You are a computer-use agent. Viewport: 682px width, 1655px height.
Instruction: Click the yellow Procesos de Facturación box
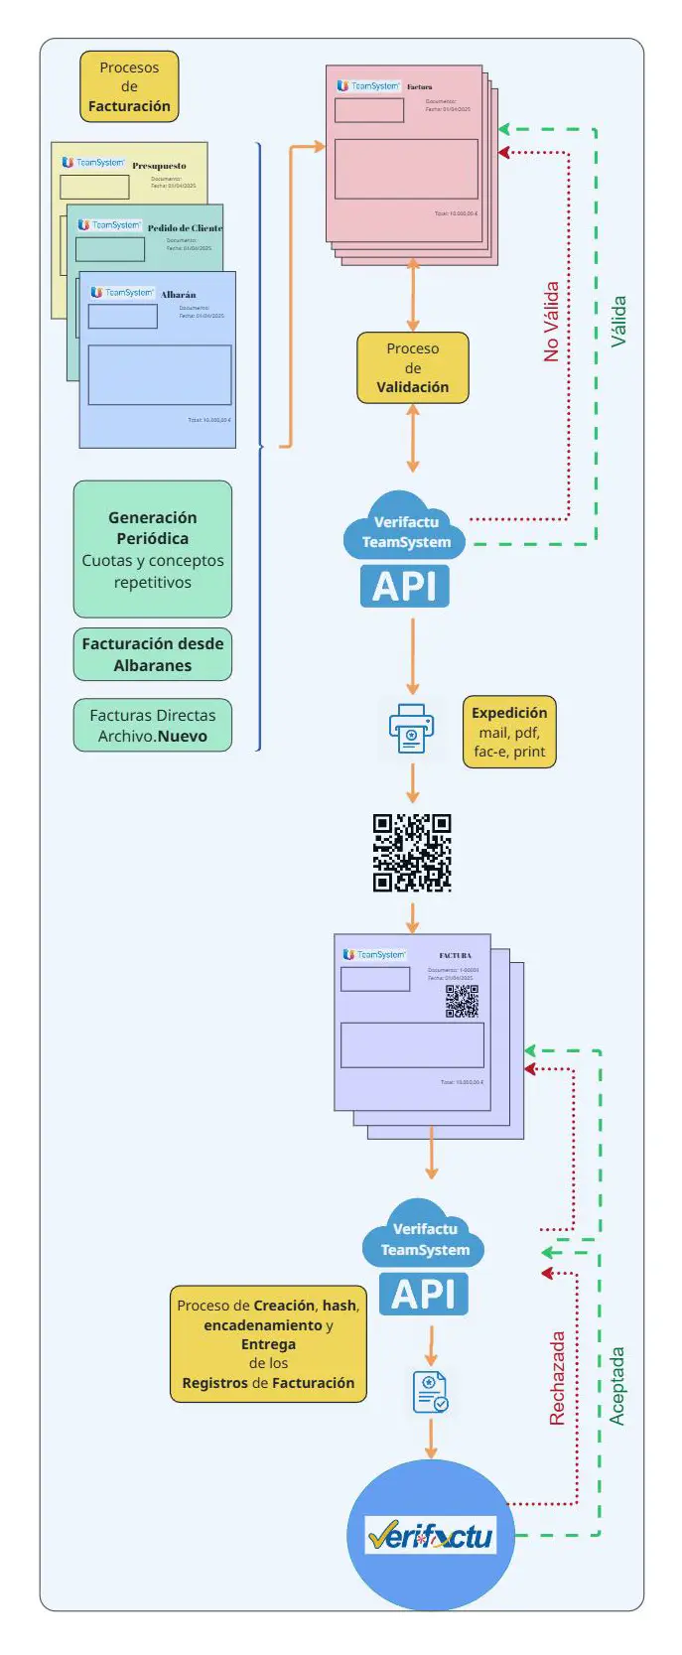click(x=129, y=86)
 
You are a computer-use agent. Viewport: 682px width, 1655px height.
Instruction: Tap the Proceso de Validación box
click(x=412, y=368)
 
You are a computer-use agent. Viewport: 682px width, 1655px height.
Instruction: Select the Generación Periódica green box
click(x=153, y=549)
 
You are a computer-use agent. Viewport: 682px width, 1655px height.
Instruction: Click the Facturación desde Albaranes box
click(x=153, y=654)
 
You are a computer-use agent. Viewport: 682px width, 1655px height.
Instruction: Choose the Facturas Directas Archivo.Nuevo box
click(x=153, y=726)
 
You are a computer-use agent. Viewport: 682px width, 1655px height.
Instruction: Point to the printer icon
click(x=411, y=729)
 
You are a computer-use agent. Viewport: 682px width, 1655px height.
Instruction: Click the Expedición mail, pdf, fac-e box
click(x=509, y=732)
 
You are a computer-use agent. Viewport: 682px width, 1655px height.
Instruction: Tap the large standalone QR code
click(x=412, y=853)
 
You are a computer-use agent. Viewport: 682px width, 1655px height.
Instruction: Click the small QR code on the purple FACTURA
click(x=462, y=1002)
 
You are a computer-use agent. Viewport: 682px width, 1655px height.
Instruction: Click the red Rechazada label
click(x=557, y=1378)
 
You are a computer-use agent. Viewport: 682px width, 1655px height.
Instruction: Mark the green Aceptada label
click(x=617, y=1386)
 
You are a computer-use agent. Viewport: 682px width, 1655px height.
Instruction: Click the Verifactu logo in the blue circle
click(x=431, y=1536)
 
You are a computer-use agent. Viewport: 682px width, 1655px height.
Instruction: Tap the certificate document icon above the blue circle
click(x=431, y=1392)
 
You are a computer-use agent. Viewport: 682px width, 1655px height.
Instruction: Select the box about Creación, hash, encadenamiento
click(x=268, y=1344)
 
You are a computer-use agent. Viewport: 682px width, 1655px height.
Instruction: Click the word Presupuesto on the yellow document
click(x=159, y=166)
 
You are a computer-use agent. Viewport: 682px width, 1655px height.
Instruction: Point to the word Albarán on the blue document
click(x=179, y=295)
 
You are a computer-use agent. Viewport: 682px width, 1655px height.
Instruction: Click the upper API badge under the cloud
click(x=405, y=586)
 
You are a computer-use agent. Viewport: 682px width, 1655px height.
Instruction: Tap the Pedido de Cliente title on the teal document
click(x=185, y=228)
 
